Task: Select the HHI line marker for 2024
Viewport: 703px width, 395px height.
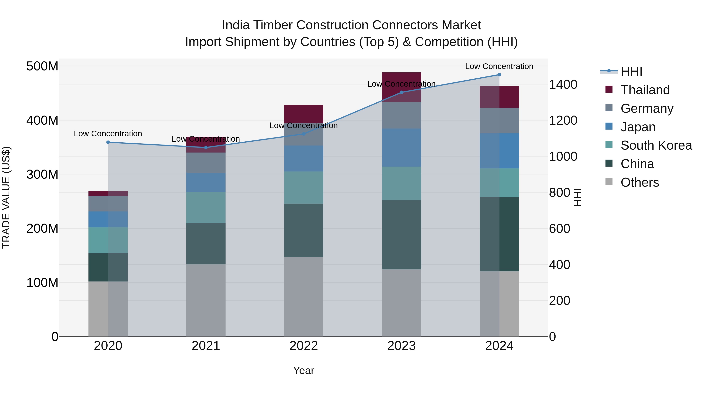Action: pos(499,75)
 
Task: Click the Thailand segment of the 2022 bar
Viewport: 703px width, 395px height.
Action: pos(303,113)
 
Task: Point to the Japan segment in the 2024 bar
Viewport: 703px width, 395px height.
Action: pos(499,151)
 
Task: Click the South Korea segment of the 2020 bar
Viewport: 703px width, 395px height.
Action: pos(108,240)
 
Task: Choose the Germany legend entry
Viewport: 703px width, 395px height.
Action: pos(647,108)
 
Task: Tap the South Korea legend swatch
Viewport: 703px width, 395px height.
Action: pos(609,145)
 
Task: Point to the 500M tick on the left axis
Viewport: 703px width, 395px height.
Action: pos(42,66)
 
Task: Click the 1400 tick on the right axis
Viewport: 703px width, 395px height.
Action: pos(563,84)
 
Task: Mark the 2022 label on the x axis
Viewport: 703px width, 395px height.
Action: pos(303,346)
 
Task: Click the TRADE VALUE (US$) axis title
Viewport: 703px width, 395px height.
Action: pos(6,198)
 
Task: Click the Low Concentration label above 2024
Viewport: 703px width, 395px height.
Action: pos(499,66)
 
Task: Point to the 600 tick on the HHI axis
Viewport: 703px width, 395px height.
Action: pos(559,229)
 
